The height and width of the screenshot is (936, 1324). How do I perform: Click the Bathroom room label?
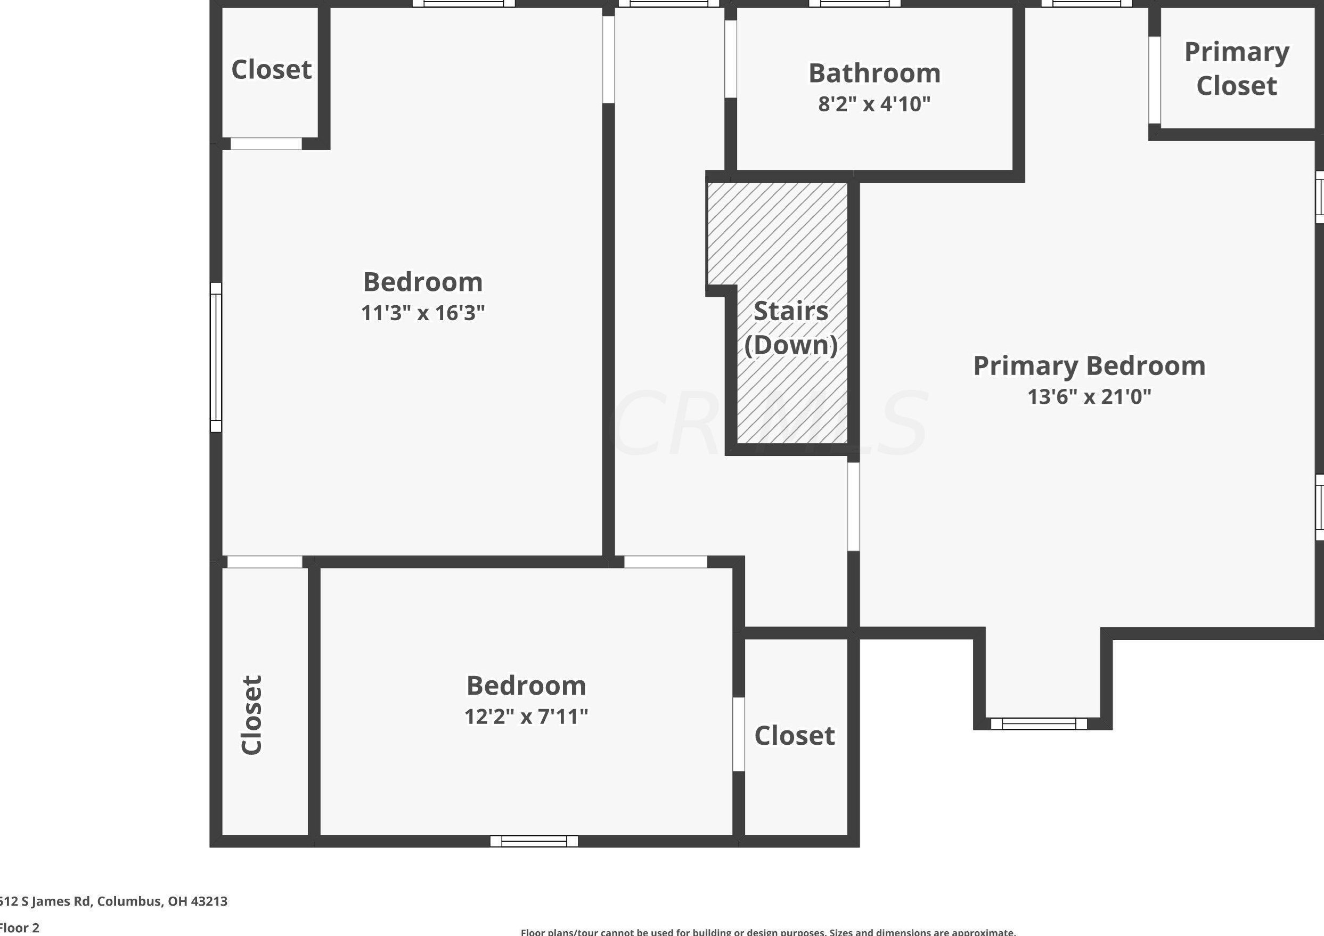click(x=874, y=73)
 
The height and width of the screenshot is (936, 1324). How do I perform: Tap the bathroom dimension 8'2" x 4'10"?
click(x=874, y=104)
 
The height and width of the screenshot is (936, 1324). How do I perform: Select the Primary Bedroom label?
click(x=1089, y=365)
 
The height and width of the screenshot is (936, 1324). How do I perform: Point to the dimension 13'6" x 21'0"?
click(x=1089, y=397)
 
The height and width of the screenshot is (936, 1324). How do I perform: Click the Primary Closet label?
click(x=1236, y=69)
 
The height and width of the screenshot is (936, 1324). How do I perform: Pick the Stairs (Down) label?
click(x=790, y=328)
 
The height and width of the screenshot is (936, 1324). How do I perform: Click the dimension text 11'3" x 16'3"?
click(x=423, y=313)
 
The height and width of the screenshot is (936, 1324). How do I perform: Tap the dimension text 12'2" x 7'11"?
click(x=526, y=717)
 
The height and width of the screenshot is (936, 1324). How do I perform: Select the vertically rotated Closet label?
click(x=251, y=715)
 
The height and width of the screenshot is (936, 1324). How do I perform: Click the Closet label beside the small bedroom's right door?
click(x=794, y=735)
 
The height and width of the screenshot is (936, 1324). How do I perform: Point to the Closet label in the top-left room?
click(x=271, y=70)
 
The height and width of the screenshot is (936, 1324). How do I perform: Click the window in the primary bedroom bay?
click(x=1039, y=723)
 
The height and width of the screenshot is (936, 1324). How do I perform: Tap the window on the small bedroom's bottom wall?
click(x=534, y=841)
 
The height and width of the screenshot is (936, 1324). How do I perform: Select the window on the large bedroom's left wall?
click(x=216, y=357)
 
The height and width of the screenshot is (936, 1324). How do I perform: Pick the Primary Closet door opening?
click(x=1155, y=80)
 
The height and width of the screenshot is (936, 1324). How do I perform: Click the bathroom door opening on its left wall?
click(x=731, y=59)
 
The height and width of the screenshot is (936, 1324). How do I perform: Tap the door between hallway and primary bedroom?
click(x=853, y=506)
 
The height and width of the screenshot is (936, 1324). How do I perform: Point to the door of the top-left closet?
click(x=266, y=144)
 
